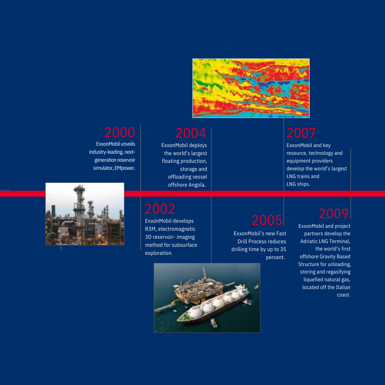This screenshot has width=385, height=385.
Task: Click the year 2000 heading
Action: coord(120,133)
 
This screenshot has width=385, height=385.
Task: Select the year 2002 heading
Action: coord(160,209)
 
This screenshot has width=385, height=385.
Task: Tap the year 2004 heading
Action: coord(191,133)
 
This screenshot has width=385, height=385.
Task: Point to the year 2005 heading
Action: coord(267,220)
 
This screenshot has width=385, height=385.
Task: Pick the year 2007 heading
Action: coord(301,133)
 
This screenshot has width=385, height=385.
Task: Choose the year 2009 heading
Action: coord(334,214)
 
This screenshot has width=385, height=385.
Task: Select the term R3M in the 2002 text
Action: coord(150,229)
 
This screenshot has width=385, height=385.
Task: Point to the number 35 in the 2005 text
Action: coord(283,249)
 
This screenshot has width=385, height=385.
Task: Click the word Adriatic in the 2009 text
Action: coord(309,241)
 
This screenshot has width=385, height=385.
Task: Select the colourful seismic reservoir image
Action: coord(251,88)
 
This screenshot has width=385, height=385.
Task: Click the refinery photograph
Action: coord(85,214)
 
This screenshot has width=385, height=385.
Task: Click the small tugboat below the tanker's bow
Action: coord(214,323)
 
